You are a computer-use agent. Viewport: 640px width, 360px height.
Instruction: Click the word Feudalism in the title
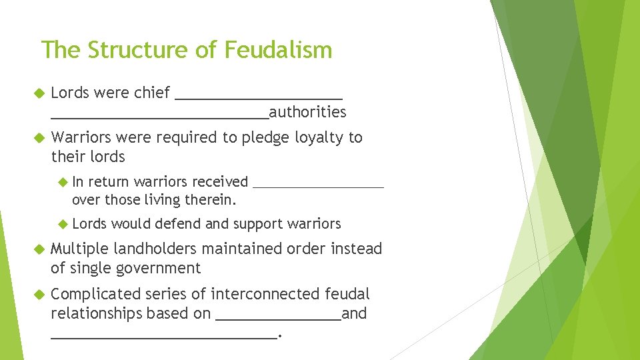click(279, 50)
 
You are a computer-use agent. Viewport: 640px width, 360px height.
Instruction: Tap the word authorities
click(307, 112)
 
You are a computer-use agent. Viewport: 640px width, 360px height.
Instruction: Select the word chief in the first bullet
click(152, 93)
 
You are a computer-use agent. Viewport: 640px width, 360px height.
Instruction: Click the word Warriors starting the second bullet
click(81, 137)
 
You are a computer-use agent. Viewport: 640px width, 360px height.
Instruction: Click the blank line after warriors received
click(319, 187)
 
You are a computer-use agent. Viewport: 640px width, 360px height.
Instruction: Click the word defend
click(183, 224)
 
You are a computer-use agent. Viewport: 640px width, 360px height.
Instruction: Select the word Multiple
click(79, 249)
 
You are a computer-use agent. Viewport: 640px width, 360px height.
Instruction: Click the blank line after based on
click(279, 319)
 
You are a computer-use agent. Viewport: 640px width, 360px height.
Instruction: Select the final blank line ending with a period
click(163, 337)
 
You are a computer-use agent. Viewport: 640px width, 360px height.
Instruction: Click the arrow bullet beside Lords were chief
click(38, 93)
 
